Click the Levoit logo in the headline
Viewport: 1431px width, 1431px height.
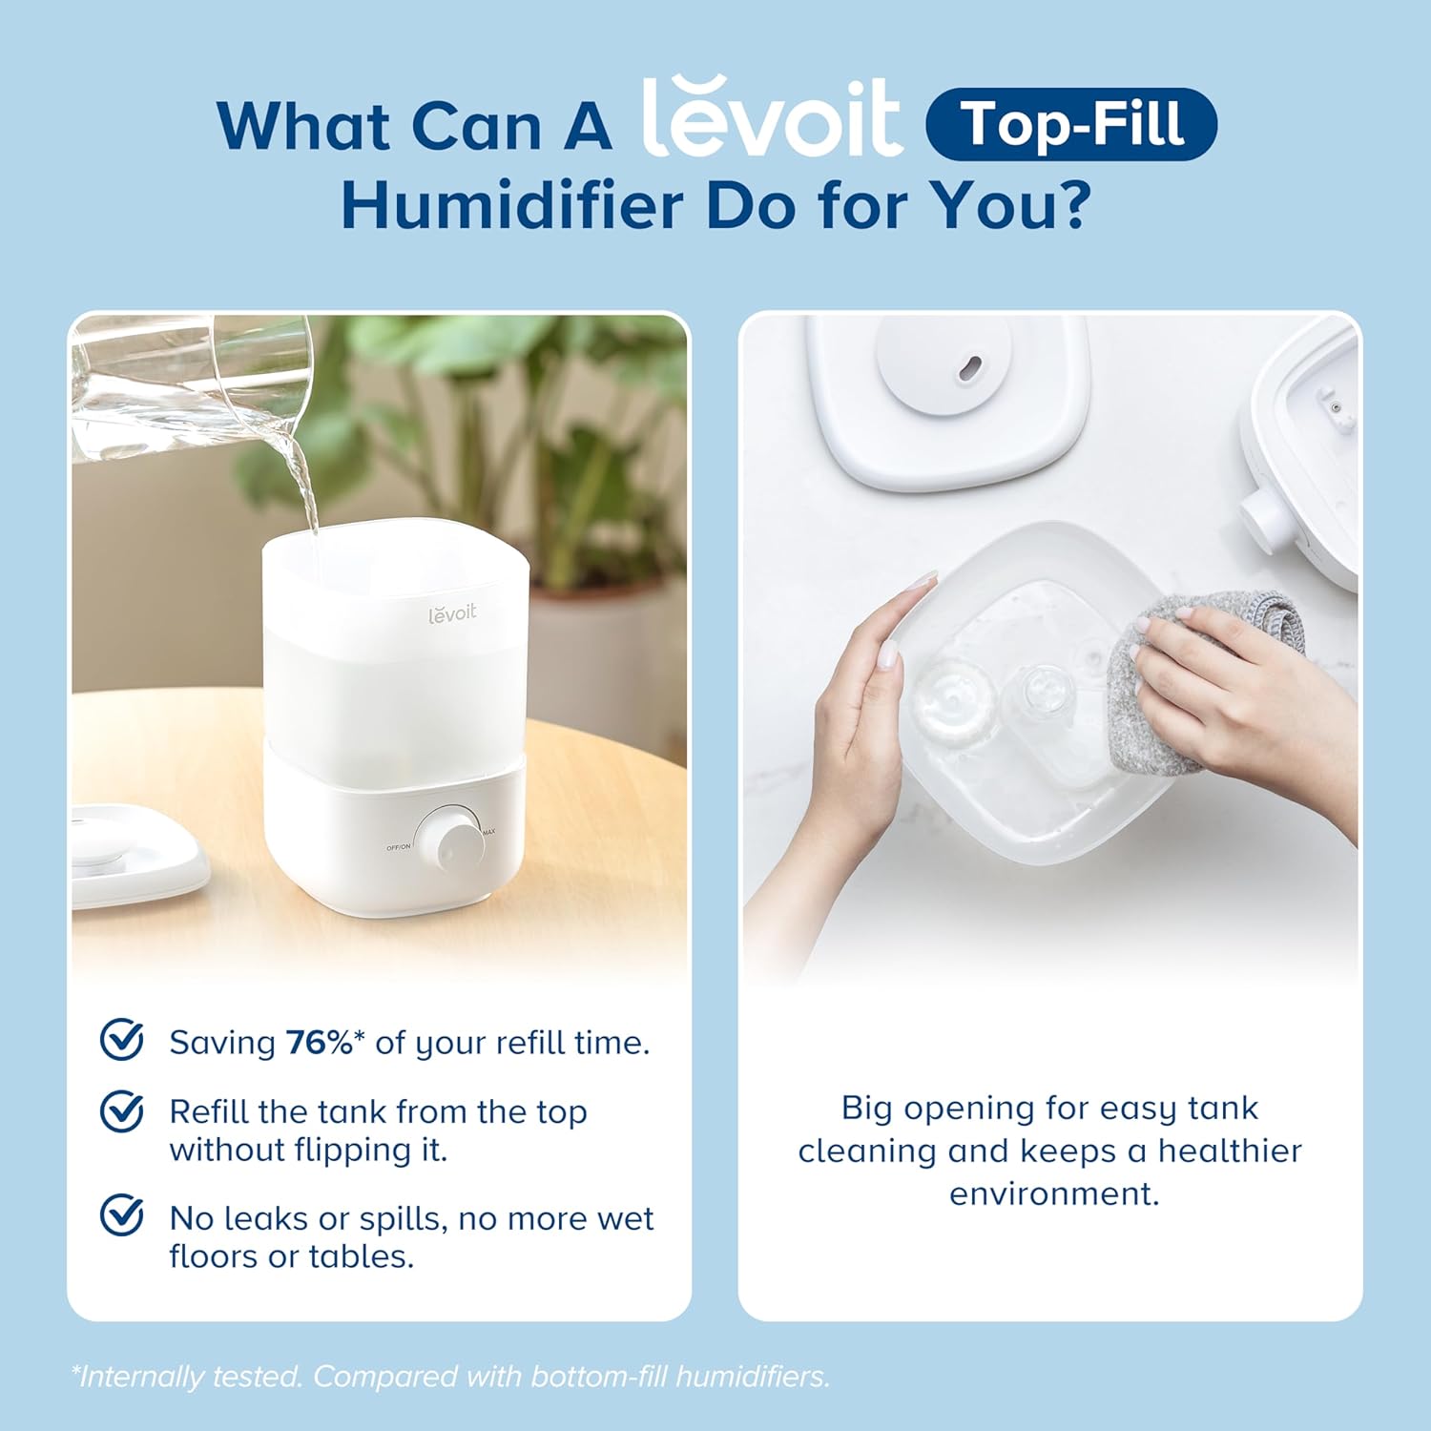771,120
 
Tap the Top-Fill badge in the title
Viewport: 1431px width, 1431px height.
1071,124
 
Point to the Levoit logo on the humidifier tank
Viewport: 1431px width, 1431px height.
451,613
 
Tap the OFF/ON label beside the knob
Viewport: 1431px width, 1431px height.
398,847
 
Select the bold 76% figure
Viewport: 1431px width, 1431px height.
320,1043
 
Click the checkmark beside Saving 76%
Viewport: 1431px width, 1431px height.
122,1040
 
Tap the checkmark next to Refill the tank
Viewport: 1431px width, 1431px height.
122,1111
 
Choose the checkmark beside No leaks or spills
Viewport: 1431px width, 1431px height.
122,1215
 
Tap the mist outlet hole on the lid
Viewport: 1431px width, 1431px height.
970,367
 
